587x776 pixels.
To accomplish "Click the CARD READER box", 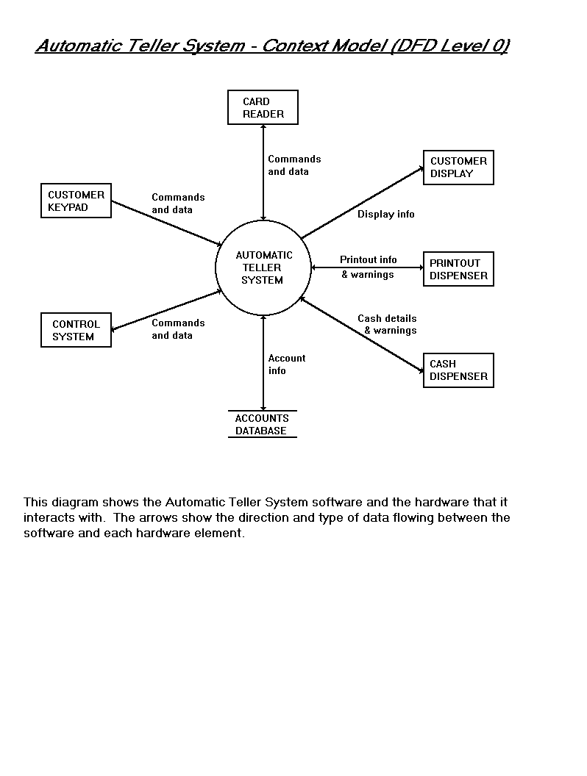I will pos(263,107).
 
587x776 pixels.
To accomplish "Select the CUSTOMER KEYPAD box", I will pos(76,201).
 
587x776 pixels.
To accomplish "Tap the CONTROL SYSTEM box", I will pos(76,330).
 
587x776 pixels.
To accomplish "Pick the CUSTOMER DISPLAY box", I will pos(458,167).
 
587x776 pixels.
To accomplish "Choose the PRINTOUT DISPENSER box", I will pos(458,269).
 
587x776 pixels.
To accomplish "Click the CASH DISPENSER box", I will pos(458,370).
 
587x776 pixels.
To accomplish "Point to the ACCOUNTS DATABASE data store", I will pos(262,424).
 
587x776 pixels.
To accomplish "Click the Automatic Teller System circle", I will pos(263,267).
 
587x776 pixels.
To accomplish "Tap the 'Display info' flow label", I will pos(386,215).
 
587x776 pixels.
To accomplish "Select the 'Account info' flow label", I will pos(286,364).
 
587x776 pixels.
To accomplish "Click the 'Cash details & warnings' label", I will pos(387,324).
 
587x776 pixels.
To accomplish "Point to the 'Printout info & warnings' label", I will pos(368,267).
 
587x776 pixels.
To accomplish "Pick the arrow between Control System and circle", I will pos(166,309).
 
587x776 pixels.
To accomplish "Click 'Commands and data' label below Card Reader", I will pos(294,165).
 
